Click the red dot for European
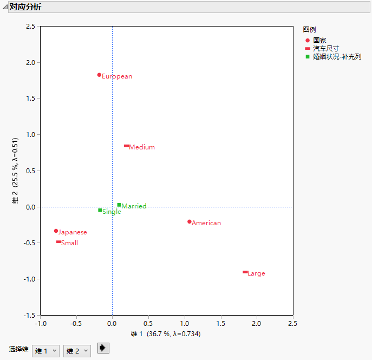click(x=99, y=75)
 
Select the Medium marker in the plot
click(x=126, y=146)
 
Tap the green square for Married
click(x=119, y=205)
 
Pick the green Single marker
click(x=100, y=210)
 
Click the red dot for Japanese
click(x=56, y=231)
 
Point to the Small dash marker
click(x=58, y=241)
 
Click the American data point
click(x=189, y=221)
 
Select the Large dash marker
click(x=245, y=272)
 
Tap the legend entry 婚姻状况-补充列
click(x=336, y=56)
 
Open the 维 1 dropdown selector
click(x=45, y=351)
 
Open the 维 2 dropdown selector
click(x=77, y=351)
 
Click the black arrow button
click(x=103, y=348)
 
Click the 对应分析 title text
click(x=25, y=7)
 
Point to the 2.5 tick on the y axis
click(x=30, y=26)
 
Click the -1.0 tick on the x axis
click(x=41, y=324)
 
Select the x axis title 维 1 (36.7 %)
click(x=166, y=334)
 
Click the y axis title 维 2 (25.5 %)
click(x=16, y=171)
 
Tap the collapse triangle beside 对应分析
click(x=5, y=7)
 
